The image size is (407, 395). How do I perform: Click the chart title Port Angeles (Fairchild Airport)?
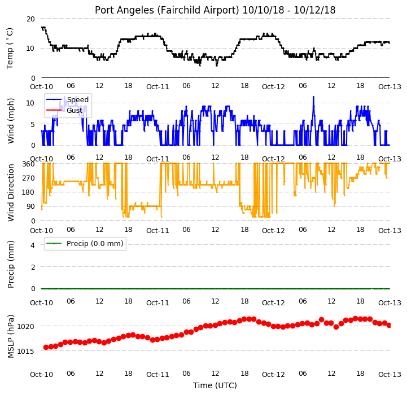point(167,10)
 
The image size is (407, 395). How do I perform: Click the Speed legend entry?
point(67,100)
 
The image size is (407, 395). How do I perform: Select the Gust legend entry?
point(64,110)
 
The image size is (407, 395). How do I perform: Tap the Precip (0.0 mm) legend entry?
point(84,243)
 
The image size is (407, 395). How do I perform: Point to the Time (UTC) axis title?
point(215,385)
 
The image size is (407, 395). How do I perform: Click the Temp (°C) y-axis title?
point(10,49)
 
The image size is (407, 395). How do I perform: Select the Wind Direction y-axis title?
point(11,192)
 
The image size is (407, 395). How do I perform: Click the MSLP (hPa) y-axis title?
point(11,336)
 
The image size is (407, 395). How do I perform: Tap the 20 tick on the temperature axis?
point(30,19)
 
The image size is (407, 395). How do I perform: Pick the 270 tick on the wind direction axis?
point(29,178)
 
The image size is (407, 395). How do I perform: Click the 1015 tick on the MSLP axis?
point(25,351)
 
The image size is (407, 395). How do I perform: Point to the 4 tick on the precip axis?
point(33,245)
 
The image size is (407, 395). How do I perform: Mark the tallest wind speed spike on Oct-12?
point(313,97)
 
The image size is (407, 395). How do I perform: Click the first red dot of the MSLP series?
point(46,347)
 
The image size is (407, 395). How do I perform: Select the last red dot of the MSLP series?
point(389,325)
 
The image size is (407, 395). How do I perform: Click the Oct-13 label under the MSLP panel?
point(390,375)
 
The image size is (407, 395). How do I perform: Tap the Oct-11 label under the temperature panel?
point(157,87)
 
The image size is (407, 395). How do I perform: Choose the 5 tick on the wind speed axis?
point(33,124)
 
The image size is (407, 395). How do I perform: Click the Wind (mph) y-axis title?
point(11,121)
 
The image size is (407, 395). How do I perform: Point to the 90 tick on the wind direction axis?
point(30,207)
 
